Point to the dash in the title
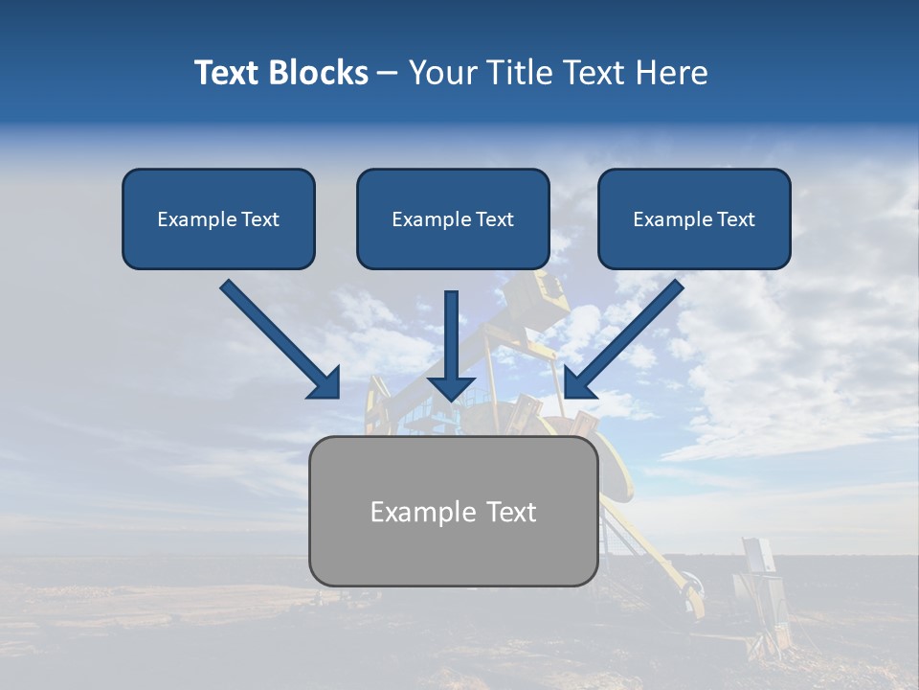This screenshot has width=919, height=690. [x=388, y=74]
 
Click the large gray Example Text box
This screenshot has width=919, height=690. [x=453, y=546]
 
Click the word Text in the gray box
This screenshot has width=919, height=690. [x=511, y=512]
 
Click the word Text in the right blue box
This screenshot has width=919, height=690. [x=735, y=219]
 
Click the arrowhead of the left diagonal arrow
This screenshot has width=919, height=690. [x=325, y=383]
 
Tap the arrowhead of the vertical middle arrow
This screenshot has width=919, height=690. [x=451, y=388]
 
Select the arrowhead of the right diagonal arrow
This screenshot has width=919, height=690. [x=580, y=383]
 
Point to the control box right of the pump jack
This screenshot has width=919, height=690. [x=756, y=561]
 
